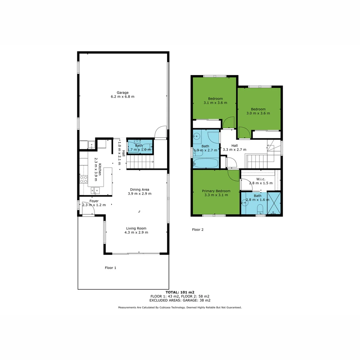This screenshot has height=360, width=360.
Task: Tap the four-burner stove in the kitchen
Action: pyautogui.click(x=84, y=179)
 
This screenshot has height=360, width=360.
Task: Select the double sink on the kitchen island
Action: pyautogui.click(x=95, y=191)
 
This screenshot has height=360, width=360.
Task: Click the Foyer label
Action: pyautogui.click(x=94, y=201)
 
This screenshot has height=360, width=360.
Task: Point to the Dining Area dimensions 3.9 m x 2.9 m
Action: pyautogui.click(x=140, y=194)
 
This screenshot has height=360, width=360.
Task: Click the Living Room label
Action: pyautogui.click(x=136, y=228)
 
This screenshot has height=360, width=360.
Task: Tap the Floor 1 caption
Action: pyautogui.click(x=110, y=268)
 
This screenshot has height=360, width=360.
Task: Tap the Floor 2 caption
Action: pyautogui.click(x=198, y=229)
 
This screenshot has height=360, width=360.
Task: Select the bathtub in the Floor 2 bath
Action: pyautogui.click(x=206, y=163)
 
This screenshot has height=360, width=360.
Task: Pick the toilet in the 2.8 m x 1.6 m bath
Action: pyautogui.click(x=260, y=209)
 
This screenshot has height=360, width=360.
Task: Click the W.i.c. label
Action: pyautogui.click(x=261, y=179)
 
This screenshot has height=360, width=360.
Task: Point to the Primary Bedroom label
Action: pyautogui.click(x=216, y=191)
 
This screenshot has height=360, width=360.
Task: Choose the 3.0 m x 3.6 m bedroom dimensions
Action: pyautogui.click(x=258, y=113)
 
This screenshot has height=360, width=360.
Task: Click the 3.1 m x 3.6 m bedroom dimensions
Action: pyautogui.click(x=215, y=103)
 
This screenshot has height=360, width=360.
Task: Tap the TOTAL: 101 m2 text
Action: pyautogui.click(x=180, y=292)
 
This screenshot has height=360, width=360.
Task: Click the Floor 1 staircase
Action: pyautogui.click(x=140, y=163)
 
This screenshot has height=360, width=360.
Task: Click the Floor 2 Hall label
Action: pyautogui.click(x=235, y=146)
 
